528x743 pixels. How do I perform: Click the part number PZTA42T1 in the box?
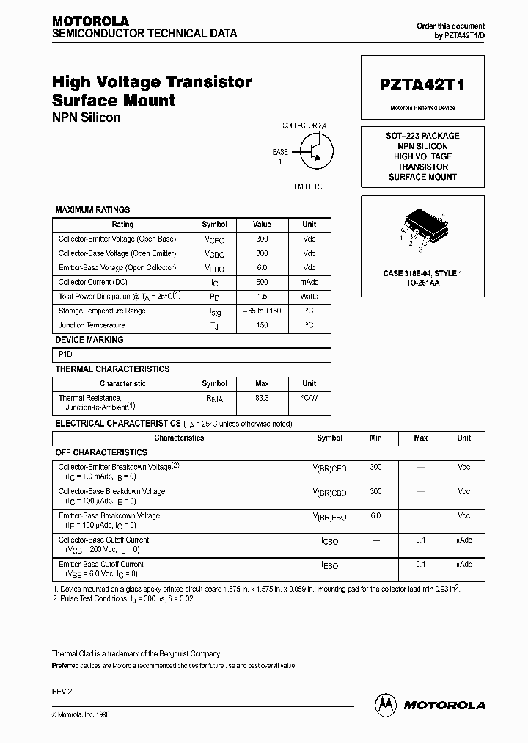pyautogui.click(x=422, y=85)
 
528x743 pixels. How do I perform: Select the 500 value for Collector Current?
pyautogui.click(x=262, y=282)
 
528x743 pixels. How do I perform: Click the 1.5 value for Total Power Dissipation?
pyautogui.click(x=262, y=297)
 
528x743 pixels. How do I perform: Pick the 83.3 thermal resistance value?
pyautogui.click(x=262, y=397)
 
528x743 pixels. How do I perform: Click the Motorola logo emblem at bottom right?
pyautogui.click(x=386, y=704)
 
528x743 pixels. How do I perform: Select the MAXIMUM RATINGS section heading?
pyautogui.click(x=92, y=210)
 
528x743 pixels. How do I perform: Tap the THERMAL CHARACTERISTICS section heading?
pyautogui.click(x=112, y=369)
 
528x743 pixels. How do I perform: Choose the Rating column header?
pyautogui.click(x=122, y=225)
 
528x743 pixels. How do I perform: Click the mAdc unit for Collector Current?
pyautogui.click(x=309, y=282)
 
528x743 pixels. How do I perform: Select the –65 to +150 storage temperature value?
pyautogui.click(x=262, y=311)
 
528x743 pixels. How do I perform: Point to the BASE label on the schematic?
pyautogui.click(x=280, y=152)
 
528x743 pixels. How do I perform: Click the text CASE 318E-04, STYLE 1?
pyautogui.click(x=422, y=273)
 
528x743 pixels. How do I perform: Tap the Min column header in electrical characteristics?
pyautogui.click(x=375, y=438)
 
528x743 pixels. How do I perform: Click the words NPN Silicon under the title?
pyautogui.click(x=86, y=117)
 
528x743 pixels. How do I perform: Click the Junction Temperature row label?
pyautogui.click(x=92, y=325)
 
